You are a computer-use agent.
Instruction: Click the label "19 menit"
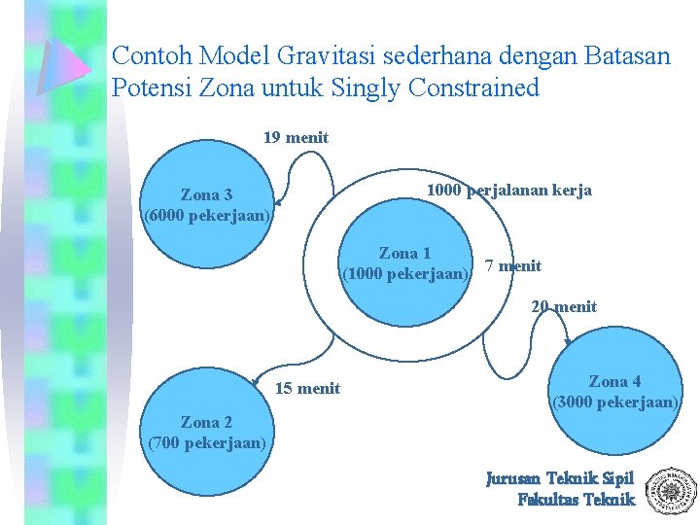(x=296, y=138)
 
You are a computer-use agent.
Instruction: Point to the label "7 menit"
(x=512, y=266)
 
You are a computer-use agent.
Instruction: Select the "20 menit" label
(x=564, y=307)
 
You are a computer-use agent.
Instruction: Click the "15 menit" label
(x=308, y=389)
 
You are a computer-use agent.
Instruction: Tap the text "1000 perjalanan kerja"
(x=509, y=191)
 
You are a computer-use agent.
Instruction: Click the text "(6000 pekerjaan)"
(x=206, y=215)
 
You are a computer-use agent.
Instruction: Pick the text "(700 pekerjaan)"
(x=206, y=443)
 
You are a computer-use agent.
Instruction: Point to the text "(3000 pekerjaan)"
(x=615, y=402)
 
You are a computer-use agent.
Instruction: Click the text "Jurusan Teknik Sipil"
(x=560, y=478)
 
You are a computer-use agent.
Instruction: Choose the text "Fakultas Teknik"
(x=576, y=500)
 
